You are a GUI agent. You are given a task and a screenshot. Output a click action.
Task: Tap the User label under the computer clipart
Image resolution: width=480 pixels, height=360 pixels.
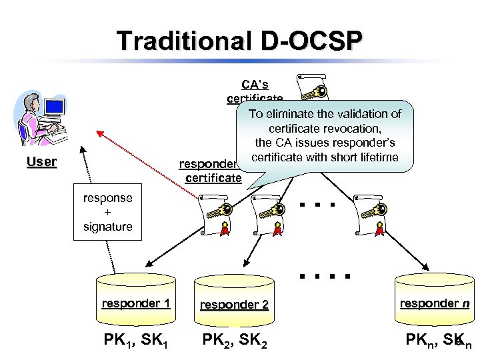41,161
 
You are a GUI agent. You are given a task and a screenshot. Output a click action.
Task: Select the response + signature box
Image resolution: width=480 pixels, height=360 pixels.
107,212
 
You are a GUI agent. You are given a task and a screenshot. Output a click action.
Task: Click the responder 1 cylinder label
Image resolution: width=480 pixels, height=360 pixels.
136,303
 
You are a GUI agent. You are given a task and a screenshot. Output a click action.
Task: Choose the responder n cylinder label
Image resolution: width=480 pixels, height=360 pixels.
434,303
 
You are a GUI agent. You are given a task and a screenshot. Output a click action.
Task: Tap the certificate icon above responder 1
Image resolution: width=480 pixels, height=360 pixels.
217,213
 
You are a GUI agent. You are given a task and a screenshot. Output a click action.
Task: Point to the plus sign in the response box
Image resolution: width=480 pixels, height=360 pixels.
107,212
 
